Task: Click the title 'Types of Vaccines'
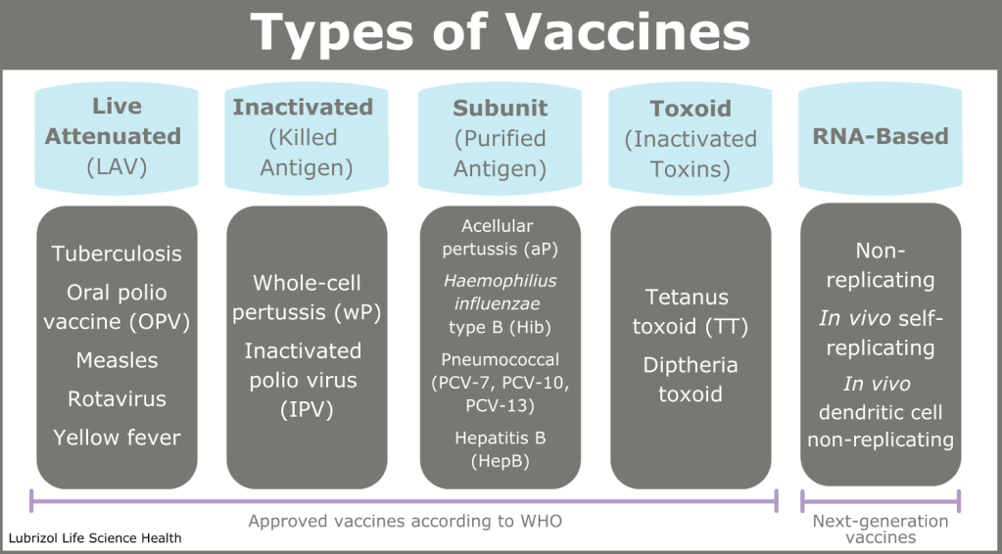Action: [x=501, y=32]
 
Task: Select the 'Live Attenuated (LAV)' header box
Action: [x=117, y=139]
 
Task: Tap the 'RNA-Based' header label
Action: [x=880, y=137]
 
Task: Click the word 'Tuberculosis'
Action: [x=117, y=254]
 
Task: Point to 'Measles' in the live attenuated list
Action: [x=117, y=360]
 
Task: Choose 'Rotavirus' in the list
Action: [x=117, y=399]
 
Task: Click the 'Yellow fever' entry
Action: [x=117, y=438]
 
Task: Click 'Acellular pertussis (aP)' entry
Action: [x=501, y=238]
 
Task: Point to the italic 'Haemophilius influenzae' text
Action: [x=501, y=291]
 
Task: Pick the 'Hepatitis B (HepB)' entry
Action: [x=501, y=450]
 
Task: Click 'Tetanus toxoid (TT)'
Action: [x=691, y=311]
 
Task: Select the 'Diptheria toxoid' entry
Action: [x=691, y=380]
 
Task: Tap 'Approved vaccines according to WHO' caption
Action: [x=406, y=521]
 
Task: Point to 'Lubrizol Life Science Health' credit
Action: [x=95, y=538]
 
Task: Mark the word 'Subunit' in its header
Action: [x=501, y=109]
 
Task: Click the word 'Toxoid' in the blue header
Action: [x=691, y=110]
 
